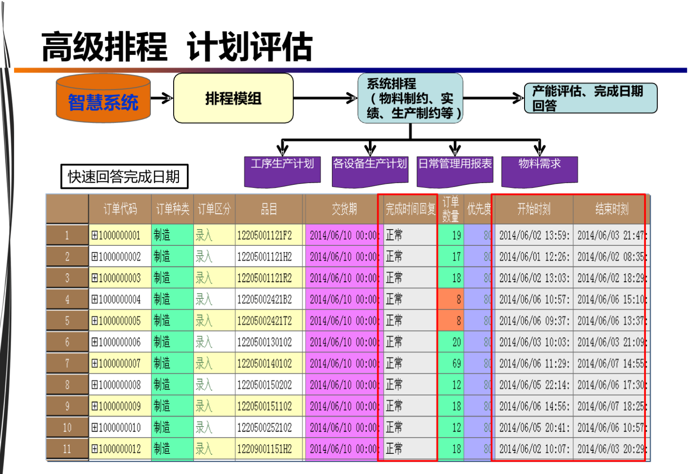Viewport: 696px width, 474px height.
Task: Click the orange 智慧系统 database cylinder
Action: tap(103, 99)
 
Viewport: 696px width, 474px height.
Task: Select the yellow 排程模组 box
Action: tap(233, 98)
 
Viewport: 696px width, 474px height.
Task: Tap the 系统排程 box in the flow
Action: tap(410, 98)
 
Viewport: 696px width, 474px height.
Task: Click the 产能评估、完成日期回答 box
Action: tap(590, 98)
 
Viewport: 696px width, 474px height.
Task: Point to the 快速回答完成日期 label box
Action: tap(124, 177)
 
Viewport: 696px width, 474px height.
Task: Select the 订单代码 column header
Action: tap(120, 209)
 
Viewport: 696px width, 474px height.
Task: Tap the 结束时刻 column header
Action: tap(611, 209)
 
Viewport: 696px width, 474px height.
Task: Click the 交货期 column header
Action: tap(344, 209)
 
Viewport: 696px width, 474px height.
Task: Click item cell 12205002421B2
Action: tap(264, 300)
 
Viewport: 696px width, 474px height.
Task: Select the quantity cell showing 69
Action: tap(452, 364)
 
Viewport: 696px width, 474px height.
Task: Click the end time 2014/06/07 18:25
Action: tap(610, 406)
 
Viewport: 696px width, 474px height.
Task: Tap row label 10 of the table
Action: tap(67, 428)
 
